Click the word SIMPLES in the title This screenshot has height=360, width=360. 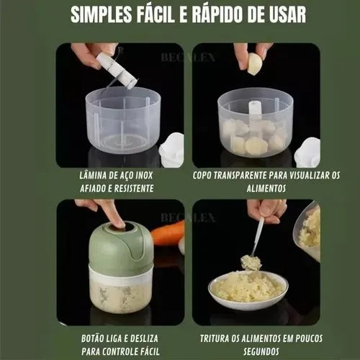tap(102, 14)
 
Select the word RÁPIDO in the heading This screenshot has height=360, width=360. tap(215, 14)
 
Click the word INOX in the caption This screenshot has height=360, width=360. tap(144, 176)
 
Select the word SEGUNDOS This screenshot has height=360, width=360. tap(261, 351)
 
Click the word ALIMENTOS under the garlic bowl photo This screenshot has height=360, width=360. tap(266, 189)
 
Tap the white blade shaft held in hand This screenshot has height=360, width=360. tap(117, 71)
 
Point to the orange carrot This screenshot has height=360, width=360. tap(168, 232)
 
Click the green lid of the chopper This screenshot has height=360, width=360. tap(121, 244)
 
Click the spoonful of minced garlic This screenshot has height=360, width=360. tap(251, 263)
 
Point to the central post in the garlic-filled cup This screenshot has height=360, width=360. tap(255, 114)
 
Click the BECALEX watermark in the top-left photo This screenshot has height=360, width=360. tap(188, 58)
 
